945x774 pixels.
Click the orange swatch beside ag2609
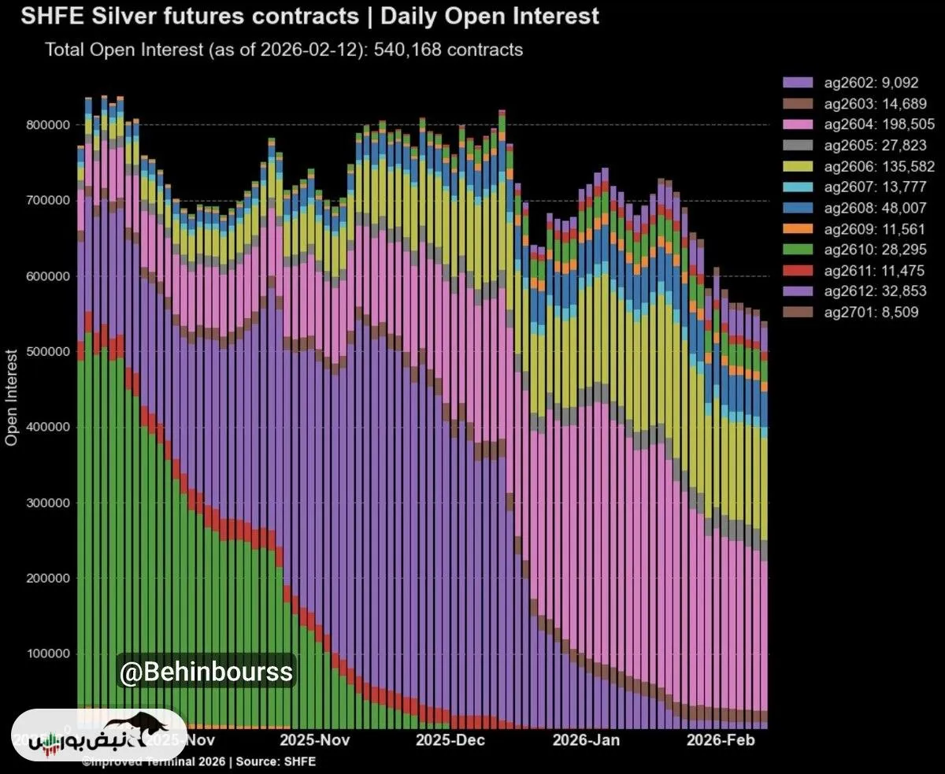pyautogui.click(x=797, y=228)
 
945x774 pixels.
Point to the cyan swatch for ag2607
pyautogui.click(x=797, y=187)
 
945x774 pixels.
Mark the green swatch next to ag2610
pyautogui.click(x=797, y=250)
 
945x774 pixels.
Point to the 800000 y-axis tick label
pyautogui.click(x=49, y=125)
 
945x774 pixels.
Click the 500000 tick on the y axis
pyautogui.click(x=49, y=352)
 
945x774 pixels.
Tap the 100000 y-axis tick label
pyautogui.click(x=49, y=654)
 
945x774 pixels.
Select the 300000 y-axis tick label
pyautogui.click(x=49, y=503)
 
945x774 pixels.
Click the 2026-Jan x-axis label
pyautogui.click(x=586, y=740)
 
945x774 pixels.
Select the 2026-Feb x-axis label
pyautogui.click(x=721, y=740)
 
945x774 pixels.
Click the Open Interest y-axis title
pyautogui.click(x=12, y=397)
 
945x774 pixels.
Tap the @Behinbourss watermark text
pyautogui.click(x=206, y=672)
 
